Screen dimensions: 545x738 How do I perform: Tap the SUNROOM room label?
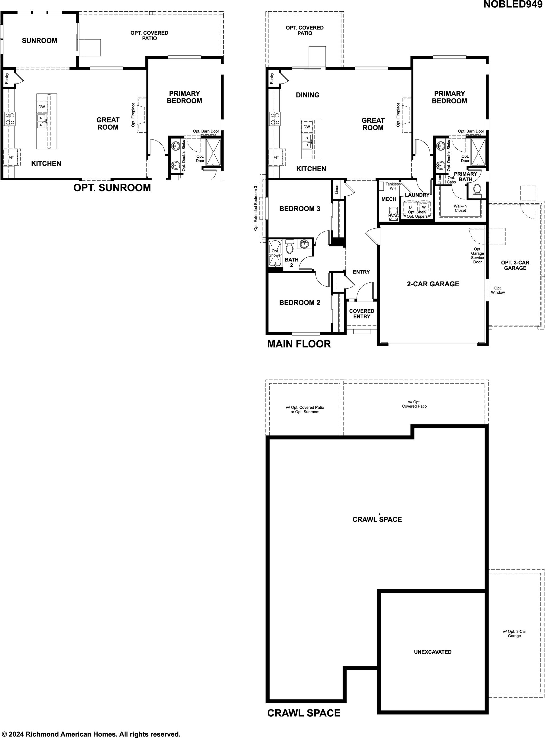pyautogui.click(x=39, y=41)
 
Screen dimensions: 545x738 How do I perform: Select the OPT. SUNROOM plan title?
pyautogui.click(x=112, y=188)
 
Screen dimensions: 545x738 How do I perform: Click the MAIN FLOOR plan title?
pyautogui.click(x=299, y=344)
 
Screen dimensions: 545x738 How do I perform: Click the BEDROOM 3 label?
pyautogui.click(x=299, y=209)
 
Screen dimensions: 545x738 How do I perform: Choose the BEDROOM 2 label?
pyautogui.click(x=299, y=303)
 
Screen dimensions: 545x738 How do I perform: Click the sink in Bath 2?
pyautogui.click(x=304, y=244)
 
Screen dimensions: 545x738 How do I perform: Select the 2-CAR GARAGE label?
pyautogui.click(x=433, y=284)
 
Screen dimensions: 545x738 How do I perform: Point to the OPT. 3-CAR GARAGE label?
pyautogui.click(x=515, y=265)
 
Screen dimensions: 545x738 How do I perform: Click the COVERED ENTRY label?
pyautogui.click(x=362, y=314)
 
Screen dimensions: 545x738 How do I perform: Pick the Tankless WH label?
pyautogui.click(x=393, y=186)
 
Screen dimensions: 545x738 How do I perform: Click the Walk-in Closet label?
pyautogui.click(x=460, y=208)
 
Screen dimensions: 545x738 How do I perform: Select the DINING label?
pyautogui.click(x=307, y=95)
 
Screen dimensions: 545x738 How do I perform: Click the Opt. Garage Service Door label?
pyautogui.click(x=477, y=255)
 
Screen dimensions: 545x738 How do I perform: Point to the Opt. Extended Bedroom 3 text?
pyautogui.click(x=256, y=208)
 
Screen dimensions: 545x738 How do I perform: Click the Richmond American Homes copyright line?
pyautogui.click(x=91, y=732)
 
